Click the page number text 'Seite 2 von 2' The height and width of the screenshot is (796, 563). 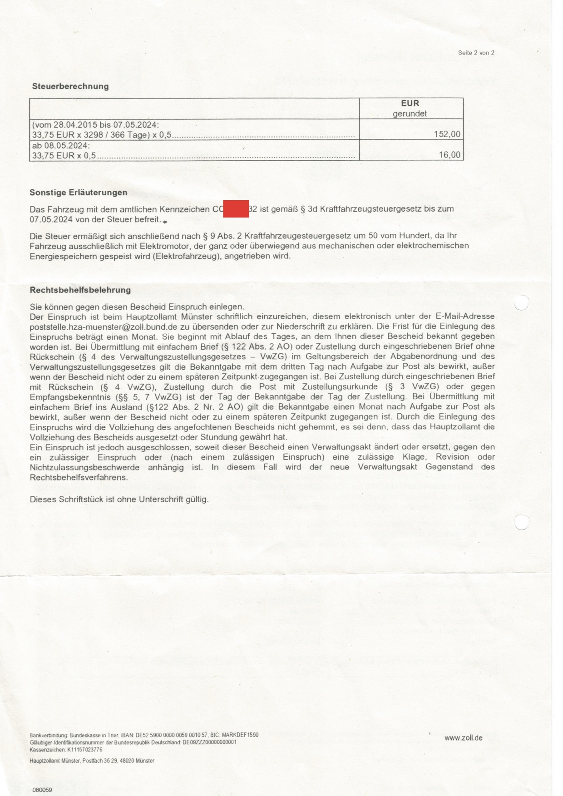click(x=476, y=53)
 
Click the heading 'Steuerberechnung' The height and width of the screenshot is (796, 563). click(x=70, y=86)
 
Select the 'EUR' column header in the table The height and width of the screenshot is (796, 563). click(x=410, y=104)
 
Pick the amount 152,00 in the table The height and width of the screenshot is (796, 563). click(x=447, y=134)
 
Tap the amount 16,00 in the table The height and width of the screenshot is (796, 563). click(x=449, y=155)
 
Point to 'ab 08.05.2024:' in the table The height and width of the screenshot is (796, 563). click(x=61, y=146)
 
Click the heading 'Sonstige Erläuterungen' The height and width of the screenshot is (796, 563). click(x=79, y=193)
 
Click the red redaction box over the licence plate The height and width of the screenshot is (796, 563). click(x=236, y=209)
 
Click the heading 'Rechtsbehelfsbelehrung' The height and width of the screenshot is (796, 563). click(x=80, y=290)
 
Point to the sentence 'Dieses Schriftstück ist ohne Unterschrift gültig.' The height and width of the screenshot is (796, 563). click(x=119, y=499)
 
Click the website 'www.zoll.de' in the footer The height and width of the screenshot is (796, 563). click(x=463, y=738)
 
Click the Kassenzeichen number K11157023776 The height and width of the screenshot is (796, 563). click(x=84, y=750)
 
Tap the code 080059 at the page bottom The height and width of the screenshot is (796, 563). click(x=42, y=790)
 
